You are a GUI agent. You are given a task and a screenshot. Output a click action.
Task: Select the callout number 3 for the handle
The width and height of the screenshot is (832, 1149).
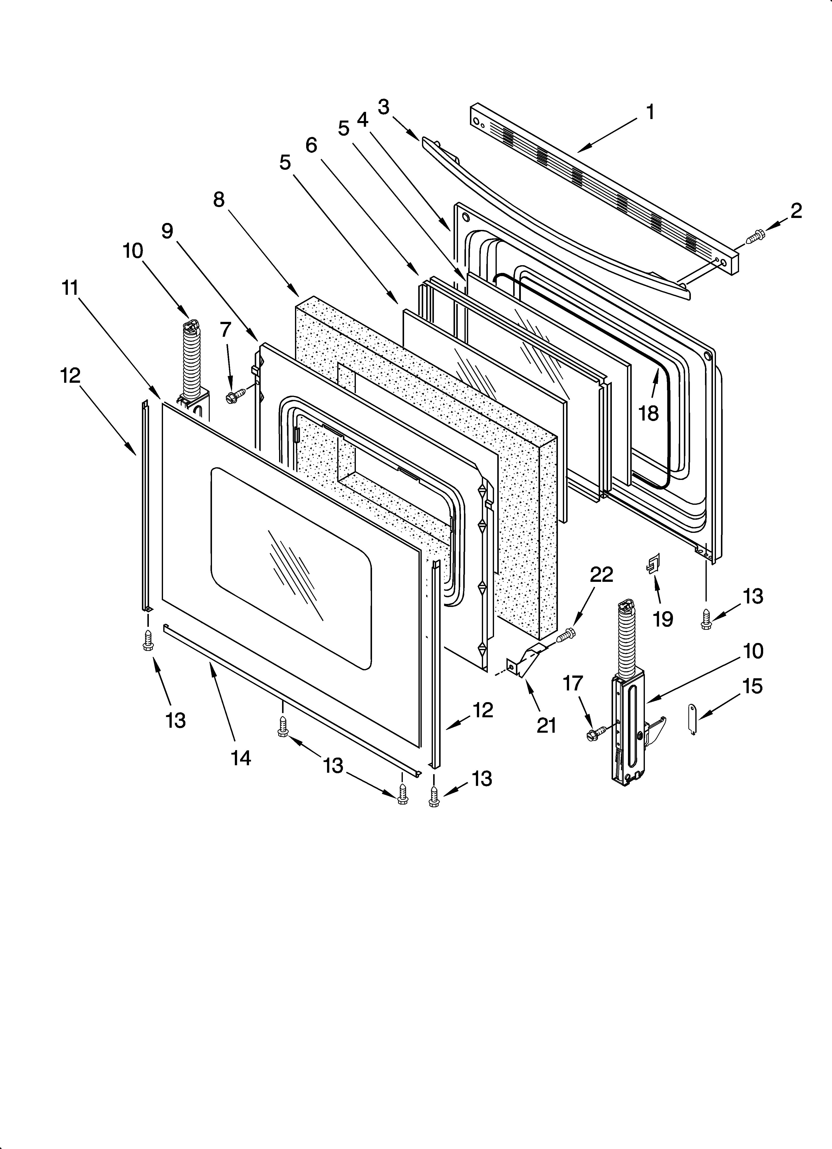(x=384, y=107)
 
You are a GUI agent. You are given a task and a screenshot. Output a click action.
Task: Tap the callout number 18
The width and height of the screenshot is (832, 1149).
(x=648, y=413)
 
